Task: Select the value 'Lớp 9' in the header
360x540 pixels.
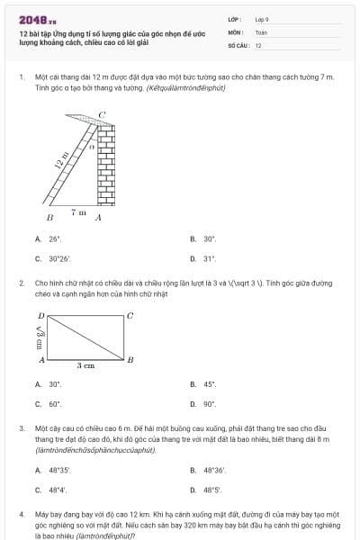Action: click(x=262, y=18)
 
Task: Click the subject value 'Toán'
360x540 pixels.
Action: click(x=261, y=31)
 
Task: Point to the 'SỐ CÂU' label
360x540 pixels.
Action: click(x=237, y=44)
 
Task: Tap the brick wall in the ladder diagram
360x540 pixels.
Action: click(x=106, y=167)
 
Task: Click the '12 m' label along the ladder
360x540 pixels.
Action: click(x=61, y=161)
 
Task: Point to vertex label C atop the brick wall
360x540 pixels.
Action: click(x=102, y=115)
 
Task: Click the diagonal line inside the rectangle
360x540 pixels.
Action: click(x=85, y=337)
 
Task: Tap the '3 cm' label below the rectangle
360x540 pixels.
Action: click(x=85, y=366)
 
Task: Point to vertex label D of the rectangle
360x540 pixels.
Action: click(x=40, y=316)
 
